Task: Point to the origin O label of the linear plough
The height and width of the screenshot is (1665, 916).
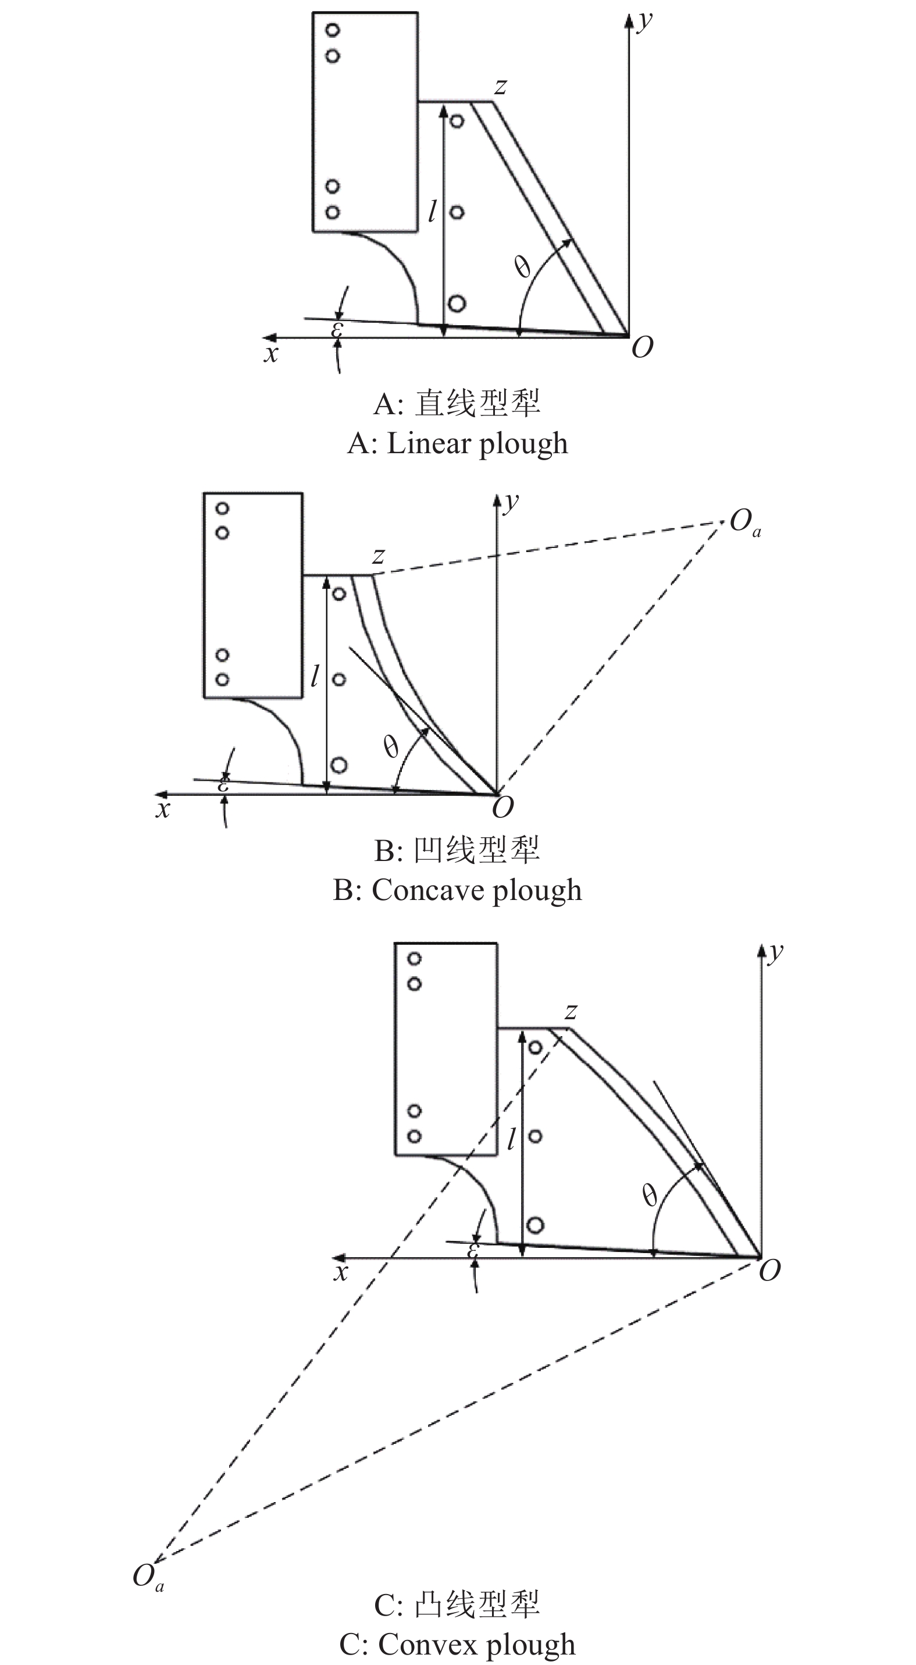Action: click(641, 348)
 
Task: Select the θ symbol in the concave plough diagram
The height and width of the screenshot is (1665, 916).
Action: click(391, 747)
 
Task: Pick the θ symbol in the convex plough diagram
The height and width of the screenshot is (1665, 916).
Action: click(650, 1197)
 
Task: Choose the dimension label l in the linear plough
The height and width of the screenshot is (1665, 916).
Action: click(432, 211)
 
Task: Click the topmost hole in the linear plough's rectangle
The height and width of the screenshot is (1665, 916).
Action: click(333, 30)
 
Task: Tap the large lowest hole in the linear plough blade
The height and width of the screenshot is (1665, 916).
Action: click(457, 303)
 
